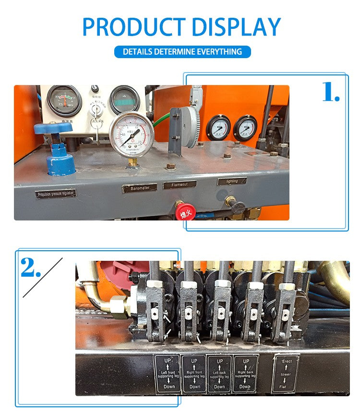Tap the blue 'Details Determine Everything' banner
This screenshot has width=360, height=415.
(x=182, y=51)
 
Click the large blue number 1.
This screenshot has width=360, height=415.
(x=330, y=92)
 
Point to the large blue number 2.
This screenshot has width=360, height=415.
(x=30, y=268)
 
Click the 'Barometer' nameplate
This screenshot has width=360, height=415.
(x=139, y=188)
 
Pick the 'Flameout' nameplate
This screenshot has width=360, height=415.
(x=180, y=184)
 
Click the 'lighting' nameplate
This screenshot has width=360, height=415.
(x=232, y=181)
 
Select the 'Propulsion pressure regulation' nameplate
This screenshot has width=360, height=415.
(x=56, y=194)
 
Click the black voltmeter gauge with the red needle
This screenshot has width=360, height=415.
(x=64, y=100)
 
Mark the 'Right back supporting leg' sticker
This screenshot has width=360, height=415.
(x=245, y=373)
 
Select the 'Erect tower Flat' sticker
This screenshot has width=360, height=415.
(x=286, y=373)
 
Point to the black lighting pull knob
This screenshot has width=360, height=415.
(x=236, y=206)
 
